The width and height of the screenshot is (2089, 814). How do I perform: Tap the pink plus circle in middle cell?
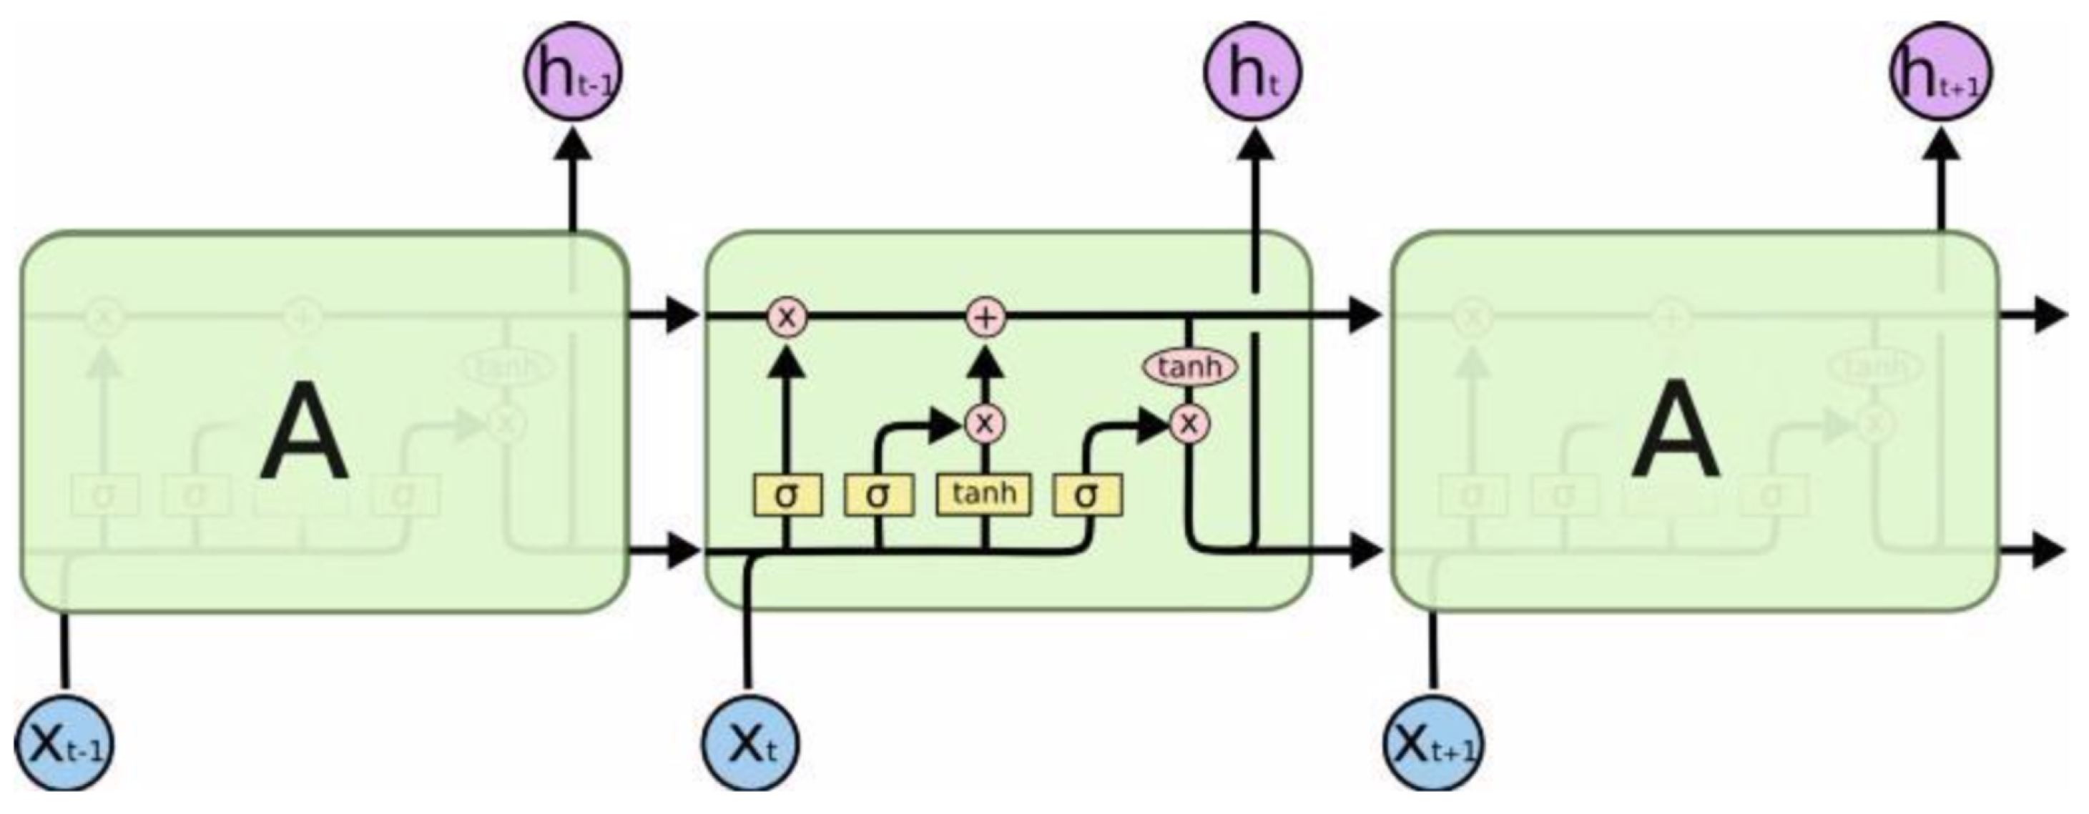985,317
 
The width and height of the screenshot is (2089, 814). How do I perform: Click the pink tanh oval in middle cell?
1189,367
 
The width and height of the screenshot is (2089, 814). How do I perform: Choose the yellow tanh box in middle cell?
983,494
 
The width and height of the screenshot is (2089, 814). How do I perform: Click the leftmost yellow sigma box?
787,495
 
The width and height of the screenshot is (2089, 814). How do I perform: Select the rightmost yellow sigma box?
1088,495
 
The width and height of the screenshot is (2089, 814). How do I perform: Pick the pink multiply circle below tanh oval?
1189,423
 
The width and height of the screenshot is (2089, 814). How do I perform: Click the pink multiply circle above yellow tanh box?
985,422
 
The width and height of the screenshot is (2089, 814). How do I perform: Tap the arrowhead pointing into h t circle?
1254,146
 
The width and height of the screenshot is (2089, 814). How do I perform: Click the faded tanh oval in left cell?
508,367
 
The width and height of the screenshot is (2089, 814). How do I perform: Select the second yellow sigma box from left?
878,495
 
